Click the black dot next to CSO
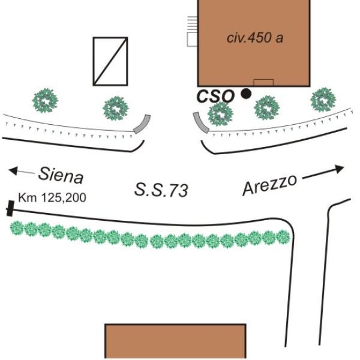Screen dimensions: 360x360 tap(246, 94)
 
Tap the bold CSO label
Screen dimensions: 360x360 tap(215, 96)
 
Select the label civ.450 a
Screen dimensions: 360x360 tap(255, 38)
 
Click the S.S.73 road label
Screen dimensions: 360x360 tap(161, 190)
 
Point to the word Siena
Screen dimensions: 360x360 tap(61, 175)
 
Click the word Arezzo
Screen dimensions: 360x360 tap(269, 185)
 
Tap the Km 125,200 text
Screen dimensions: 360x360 tap(52, 197)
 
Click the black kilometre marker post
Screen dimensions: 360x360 tap(10, 208)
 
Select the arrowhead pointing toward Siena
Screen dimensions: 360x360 tap(13, 171)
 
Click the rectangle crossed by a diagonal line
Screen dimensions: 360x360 tap(110, 61)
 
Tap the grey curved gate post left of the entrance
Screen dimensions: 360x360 tap(142, 124)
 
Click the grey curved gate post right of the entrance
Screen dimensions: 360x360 tap(200, 122)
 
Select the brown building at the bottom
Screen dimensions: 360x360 tap(175, 341)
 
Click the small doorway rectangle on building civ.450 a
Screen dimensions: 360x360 tap(263, 82)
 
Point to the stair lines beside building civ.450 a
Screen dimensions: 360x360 tap(193, 23)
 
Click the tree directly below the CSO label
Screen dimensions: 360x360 tap(220, 114)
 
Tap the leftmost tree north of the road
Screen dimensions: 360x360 tap(45, 101)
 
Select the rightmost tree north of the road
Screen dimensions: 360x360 tap(323, 100)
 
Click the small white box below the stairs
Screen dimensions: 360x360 tap(193, 39)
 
